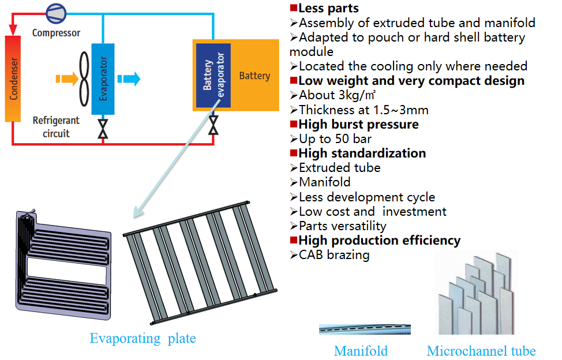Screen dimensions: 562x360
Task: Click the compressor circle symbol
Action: point(57,13)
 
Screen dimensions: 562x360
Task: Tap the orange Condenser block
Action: point(13,79)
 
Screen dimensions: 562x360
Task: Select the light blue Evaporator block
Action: point(103,79)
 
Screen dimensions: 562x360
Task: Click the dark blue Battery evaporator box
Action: point(213,76)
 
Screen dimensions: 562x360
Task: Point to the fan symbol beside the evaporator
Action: point(84,79)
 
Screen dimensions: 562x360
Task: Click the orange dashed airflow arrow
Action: point(67,79)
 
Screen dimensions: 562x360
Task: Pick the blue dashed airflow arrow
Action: point(129,79)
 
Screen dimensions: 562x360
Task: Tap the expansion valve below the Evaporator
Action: point(103,129)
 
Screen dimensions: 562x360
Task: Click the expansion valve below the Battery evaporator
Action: point(213,125)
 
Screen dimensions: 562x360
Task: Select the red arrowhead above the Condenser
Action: point(13,30)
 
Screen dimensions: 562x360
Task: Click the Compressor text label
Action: point(57,33)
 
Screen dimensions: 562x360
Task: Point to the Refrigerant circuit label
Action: point(57,127)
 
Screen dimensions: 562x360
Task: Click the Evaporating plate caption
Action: point(143,338)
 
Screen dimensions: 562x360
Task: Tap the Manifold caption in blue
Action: point(361,351)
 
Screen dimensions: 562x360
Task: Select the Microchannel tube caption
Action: point(481,351)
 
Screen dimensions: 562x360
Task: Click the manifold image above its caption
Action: point(365,329)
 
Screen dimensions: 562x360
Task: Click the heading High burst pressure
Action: point(358,124)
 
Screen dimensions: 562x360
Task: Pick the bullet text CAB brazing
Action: point(334,255)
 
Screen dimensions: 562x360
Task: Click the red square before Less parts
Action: point(294,7)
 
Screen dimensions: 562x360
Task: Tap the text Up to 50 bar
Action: point(335,139)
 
